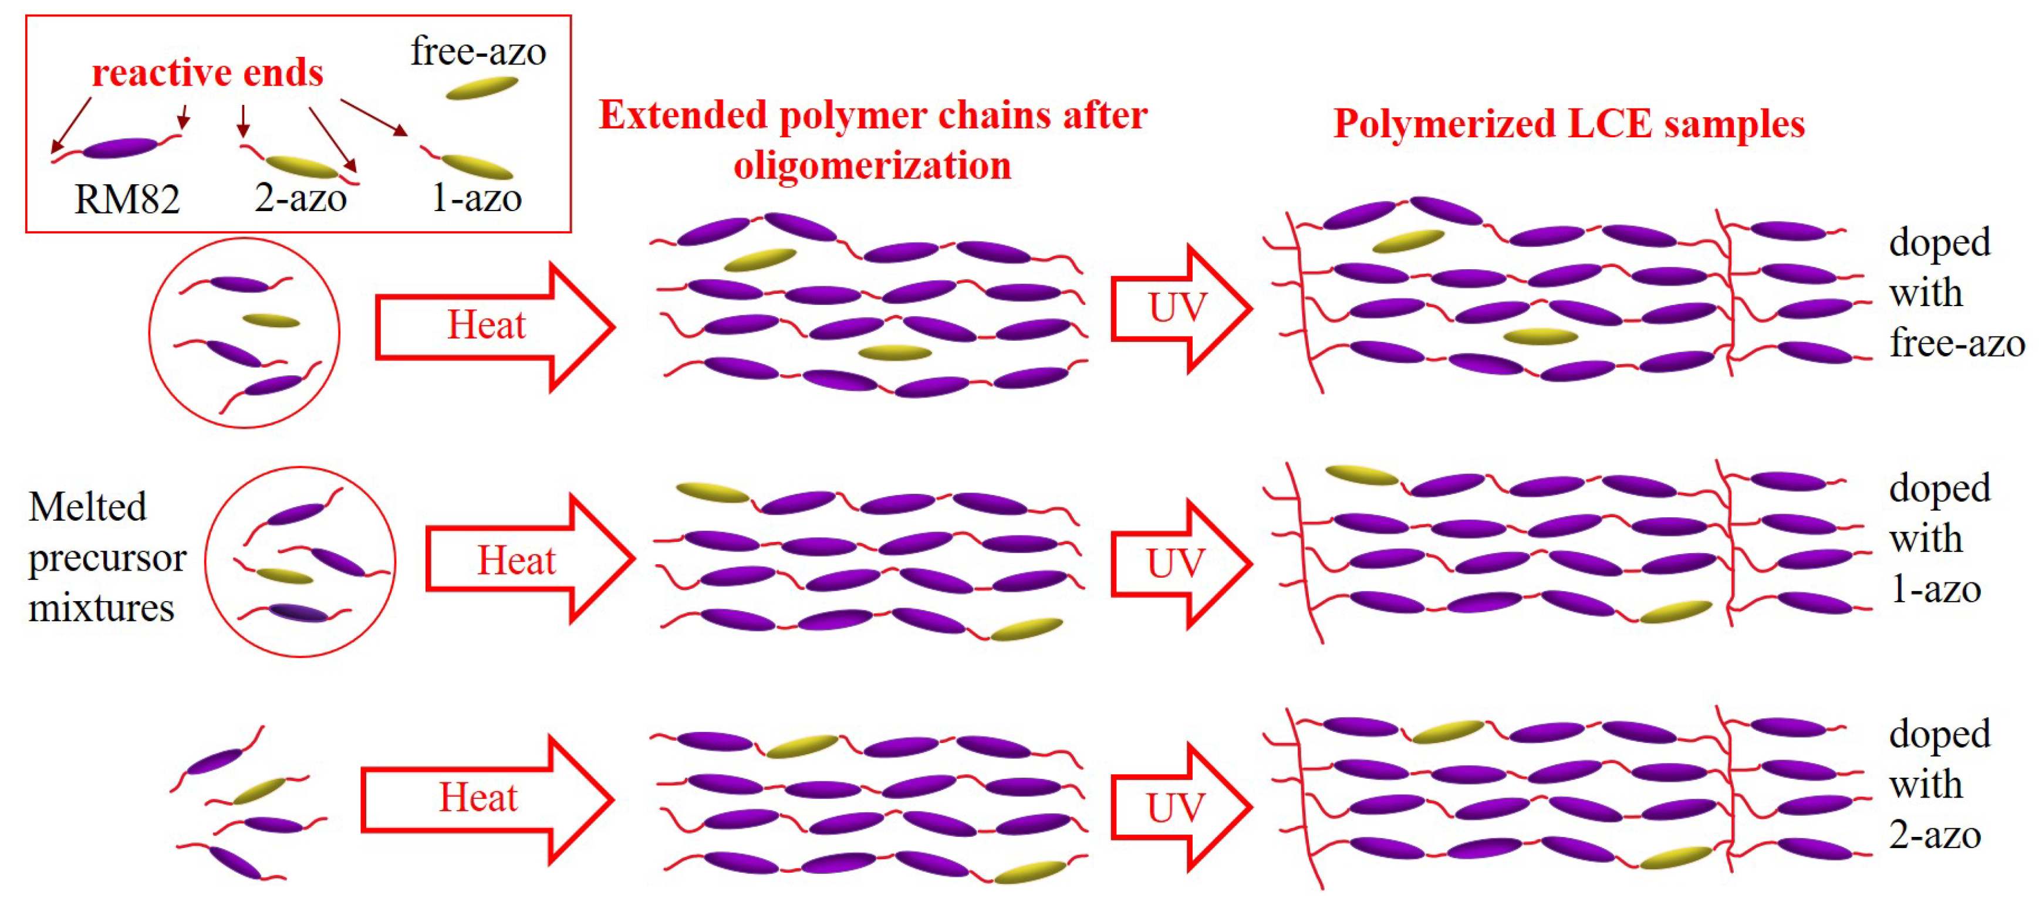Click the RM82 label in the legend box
127,199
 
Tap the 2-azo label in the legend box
300,198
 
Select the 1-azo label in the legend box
476,198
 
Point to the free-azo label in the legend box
478,52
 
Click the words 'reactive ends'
207,73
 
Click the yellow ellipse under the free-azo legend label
481,88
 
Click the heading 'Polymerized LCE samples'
1569,124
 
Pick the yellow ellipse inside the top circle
271,320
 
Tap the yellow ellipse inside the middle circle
283,575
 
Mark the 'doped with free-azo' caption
1955,293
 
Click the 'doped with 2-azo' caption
1939,785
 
